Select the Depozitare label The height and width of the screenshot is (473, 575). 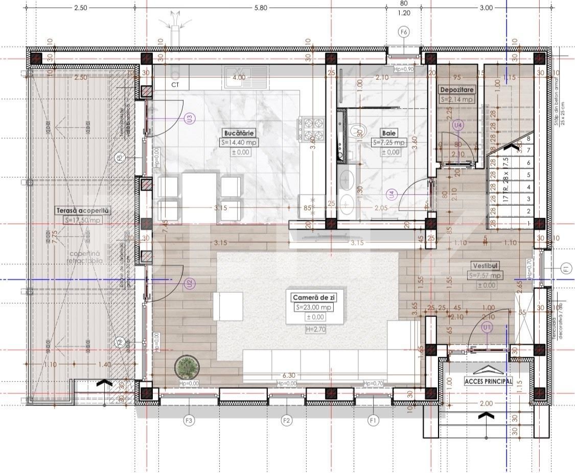click(x=458, y=90)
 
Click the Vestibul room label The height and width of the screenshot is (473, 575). click(x=485, y=266)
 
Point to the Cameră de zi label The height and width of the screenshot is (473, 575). click(x=314, y=297)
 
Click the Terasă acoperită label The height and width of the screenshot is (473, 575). click(x=82, y=210)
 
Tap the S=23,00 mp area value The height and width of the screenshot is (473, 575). click(x=314, y=307)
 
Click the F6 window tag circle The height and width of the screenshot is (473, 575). click(x=404, y=32)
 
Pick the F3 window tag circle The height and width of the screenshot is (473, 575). click(x=189, y=421)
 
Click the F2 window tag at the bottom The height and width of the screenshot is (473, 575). click(x=287, y=421)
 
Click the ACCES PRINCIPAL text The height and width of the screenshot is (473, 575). click(x=488, y=381)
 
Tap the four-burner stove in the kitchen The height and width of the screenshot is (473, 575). click(x=313, y=130)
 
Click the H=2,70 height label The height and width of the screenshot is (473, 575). click(x=314, y=330)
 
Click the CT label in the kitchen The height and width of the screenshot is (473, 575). click(x=175, y=84)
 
